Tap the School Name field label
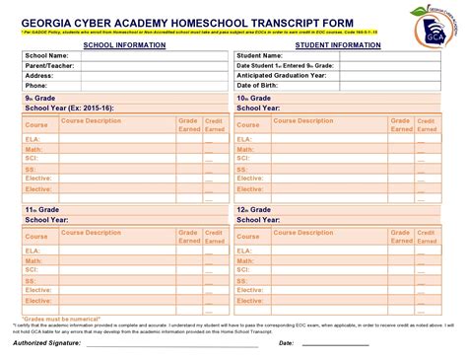[x=45, y=56]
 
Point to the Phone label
[x=36, y=85]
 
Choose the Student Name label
[x=260, y=56]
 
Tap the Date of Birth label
[x=258, y=85]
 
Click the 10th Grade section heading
[x=255, y=99]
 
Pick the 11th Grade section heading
[x=42, y=211]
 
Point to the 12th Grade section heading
[x=255, y=211]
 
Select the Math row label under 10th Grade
[x=245, y=149]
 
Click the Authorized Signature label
[x=48, y=343]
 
